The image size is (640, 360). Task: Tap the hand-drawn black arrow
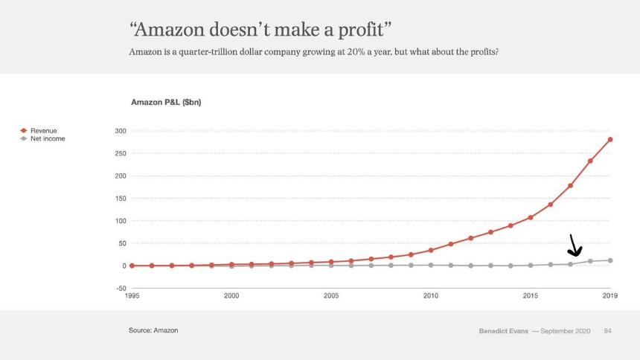575,246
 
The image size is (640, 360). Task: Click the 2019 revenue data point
610,139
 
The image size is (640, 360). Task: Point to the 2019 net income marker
610,260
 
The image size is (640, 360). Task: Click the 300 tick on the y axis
119,131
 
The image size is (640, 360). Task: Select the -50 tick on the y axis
119,288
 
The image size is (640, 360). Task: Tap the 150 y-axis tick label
119,199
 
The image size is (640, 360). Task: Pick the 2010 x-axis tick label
431,296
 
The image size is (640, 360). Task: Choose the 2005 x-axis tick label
331,296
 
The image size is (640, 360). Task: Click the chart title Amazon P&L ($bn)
166,101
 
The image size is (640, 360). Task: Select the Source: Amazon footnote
153,330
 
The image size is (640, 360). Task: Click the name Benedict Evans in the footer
502,330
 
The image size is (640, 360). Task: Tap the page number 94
607,330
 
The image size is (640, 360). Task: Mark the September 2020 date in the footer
566,330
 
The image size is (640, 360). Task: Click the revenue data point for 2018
590,161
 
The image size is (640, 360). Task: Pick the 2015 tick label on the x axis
531,296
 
